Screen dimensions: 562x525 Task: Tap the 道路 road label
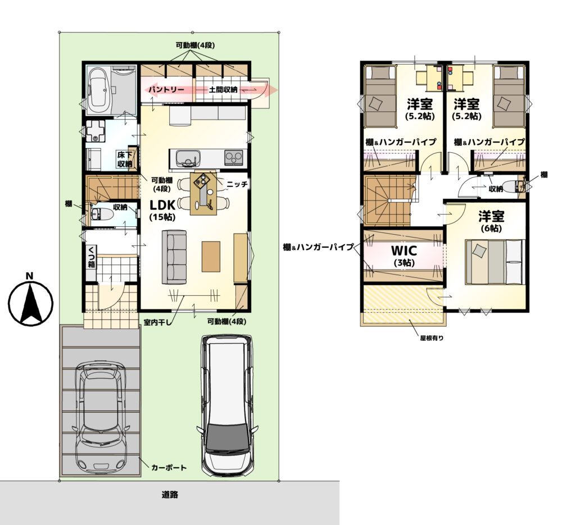point(170,495)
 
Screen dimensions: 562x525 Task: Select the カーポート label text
point(169,468)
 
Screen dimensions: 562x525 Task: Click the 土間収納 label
point(223,89)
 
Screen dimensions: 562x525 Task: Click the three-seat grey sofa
point(174,258)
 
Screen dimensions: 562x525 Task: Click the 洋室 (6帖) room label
point(491,221)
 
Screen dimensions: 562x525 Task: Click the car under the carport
point(101,418)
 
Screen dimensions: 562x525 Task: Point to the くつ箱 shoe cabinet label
point(92,257)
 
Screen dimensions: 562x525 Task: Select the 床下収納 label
point(125,159)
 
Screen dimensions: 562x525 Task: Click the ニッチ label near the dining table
point(237,184)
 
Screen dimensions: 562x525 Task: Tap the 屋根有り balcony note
point(432,337)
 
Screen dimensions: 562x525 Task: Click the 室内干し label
point(158,322)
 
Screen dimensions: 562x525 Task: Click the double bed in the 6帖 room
point(495,263)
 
